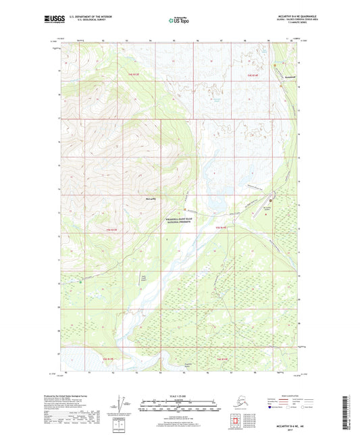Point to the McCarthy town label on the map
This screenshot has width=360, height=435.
[150, 199]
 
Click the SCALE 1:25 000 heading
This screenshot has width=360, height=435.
[179, 395]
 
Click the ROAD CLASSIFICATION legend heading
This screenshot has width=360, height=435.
[291, 395]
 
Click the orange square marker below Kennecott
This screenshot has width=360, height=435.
[282, 86]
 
